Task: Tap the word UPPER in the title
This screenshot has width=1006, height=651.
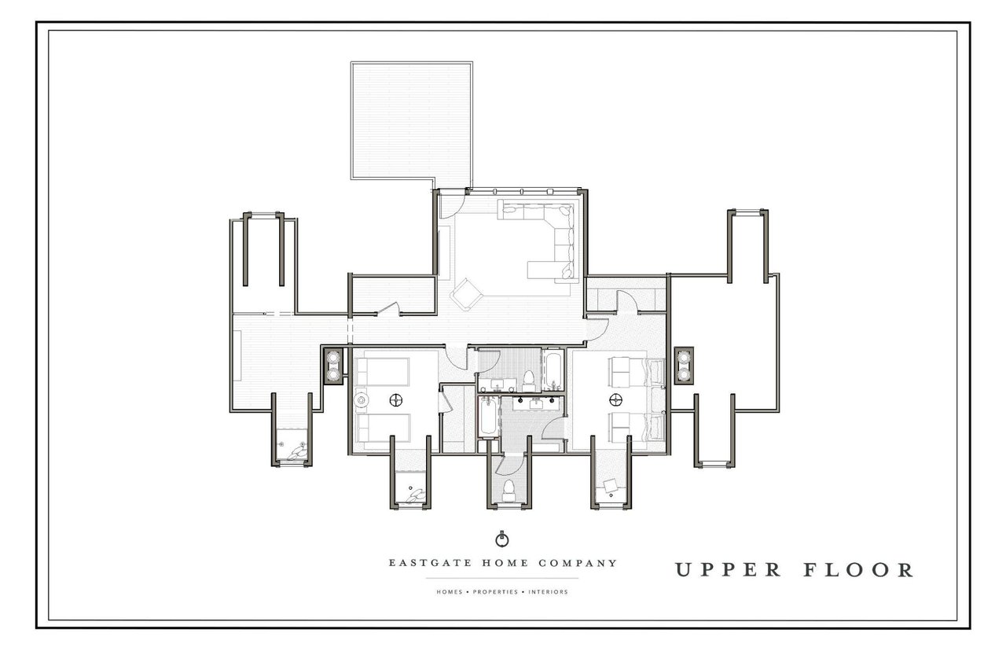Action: click(x=728, y=570)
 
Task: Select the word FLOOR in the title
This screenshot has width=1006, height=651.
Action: click(x=858, y=570)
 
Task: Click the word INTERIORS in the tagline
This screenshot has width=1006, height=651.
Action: click(x=548, y=592)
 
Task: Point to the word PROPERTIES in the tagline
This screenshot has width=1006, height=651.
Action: click(x=495, y=592)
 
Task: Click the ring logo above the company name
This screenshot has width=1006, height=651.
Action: click(x=501, y=539)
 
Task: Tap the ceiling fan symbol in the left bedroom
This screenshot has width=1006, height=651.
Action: click(x=395, y=399)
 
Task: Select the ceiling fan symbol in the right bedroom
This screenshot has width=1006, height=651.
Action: click(x=615, y=399)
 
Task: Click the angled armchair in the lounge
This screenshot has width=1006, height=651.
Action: click(x=466, y=294)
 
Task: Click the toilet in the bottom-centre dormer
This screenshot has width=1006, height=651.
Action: click(x=509, y=491)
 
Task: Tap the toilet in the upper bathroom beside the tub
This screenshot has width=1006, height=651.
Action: click(x=528, y=381)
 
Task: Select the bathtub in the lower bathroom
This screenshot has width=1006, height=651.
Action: click(x=488, y=417)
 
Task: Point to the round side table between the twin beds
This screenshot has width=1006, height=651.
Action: click(x=361, y=400)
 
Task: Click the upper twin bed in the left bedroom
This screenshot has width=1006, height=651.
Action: click(x=382, y=372)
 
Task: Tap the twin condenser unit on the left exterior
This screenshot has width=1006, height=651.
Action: click(x=334, y=366)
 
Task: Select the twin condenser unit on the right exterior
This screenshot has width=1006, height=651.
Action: click(x=684, y=366)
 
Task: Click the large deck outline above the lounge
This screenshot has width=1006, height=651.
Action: click(x=411, y=121)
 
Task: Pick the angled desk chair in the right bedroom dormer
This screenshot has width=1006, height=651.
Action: click(x=611, y=486)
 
